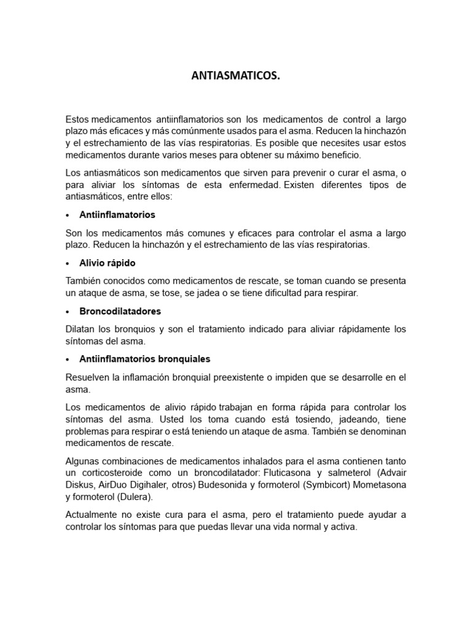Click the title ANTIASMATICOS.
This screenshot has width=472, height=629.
click(236, 77)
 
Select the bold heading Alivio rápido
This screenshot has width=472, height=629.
click(108, 263)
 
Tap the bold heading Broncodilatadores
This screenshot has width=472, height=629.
click(120, 311)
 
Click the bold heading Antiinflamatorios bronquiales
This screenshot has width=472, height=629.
click(145, 359)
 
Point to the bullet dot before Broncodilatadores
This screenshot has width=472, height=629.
click(68, 311)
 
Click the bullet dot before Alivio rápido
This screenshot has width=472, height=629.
click(68, 263)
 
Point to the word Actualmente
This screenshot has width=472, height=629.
click(94, 515)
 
